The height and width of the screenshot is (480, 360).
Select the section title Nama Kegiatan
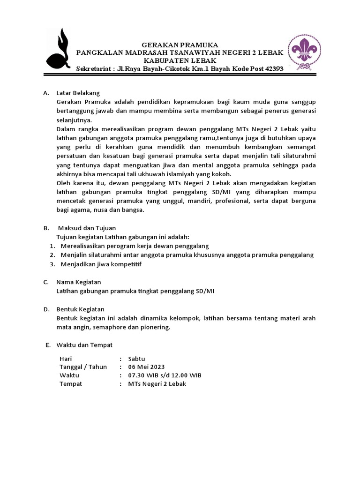78,282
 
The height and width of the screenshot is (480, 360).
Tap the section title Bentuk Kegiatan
80,309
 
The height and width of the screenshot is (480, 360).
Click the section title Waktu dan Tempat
84,345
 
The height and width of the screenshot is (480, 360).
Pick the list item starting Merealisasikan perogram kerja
135,246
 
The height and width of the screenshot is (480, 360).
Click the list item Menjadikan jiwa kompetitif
101,264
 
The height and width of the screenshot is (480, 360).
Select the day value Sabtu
137,358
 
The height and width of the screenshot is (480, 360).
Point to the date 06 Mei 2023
146,367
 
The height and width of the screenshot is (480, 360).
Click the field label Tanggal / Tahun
83,367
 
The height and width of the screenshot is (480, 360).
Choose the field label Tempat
71,383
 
